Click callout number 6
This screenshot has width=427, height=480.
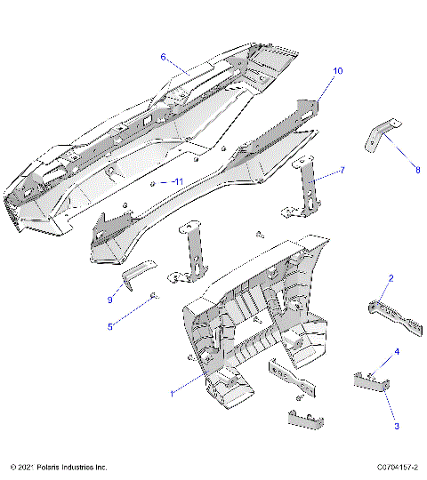pyautogui.click(x=163, y=57)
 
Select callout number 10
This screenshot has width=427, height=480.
pyautogui.click(x=338, y=70)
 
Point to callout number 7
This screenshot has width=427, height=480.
pyautogui.click(x=342, y=169)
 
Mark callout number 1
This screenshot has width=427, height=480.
pyautogui.click(x=173, y=391)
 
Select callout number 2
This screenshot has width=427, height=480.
pyautogui.click(x=390, y=279)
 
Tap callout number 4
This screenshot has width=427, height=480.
pyautogui.click(x=397, y=352)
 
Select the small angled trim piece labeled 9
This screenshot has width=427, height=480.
pyautogui.click(x=138, y=273)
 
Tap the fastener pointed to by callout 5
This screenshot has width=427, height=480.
pyautogui.click(x=154, y=296)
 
